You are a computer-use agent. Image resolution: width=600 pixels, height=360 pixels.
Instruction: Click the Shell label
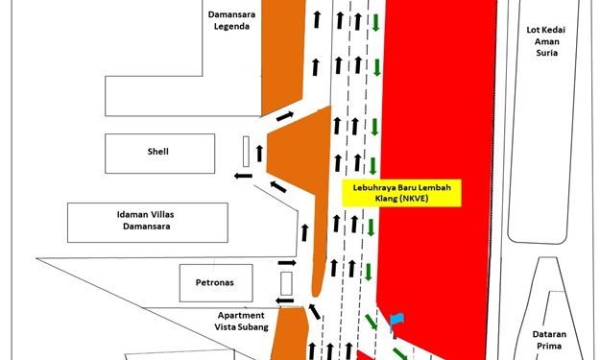coord(158,152)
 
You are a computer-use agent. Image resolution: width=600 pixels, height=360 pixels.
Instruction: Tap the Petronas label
coord(215,283)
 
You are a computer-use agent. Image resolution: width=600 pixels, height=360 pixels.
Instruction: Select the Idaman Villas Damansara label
coord(145,221)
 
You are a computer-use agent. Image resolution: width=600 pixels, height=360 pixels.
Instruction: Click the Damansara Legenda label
coord(231,20)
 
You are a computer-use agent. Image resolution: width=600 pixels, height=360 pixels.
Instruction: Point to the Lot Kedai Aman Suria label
coord(546,41)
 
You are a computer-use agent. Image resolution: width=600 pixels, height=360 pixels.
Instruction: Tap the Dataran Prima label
coord(549,340)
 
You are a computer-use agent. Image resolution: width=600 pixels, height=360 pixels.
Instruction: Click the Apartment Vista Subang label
coord(241,322)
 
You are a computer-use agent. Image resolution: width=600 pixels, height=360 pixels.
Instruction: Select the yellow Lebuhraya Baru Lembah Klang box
coord(401,193)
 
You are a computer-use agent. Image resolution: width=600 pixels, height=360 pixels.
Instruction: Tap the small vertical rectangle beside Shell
coord(246,152)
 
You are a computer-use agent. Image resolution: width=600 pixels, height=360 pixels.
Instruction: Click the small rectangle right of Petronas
coord(286,283)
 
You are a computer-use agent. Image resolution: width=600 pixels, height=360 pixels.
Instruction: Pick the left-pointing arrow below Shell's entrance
coord(244,176)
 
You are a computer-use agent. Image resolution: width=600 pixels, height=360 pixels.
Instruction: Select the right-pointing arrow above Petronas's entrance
coord(287,263)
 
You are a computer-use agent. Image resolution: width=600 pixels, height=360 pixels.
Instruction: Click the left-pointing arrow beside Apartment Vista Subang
coord(285,300)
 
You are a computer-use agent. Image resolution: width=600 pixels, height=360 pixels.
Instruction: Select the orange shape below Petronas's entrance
coord(290,334)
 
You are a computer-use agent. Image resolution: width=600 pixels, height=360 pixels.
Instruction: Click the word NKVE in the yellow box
coord(417,199)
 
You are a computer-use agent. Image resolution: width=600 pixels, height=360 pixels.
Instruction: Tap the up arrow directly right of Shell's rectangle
coord(259,154)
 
